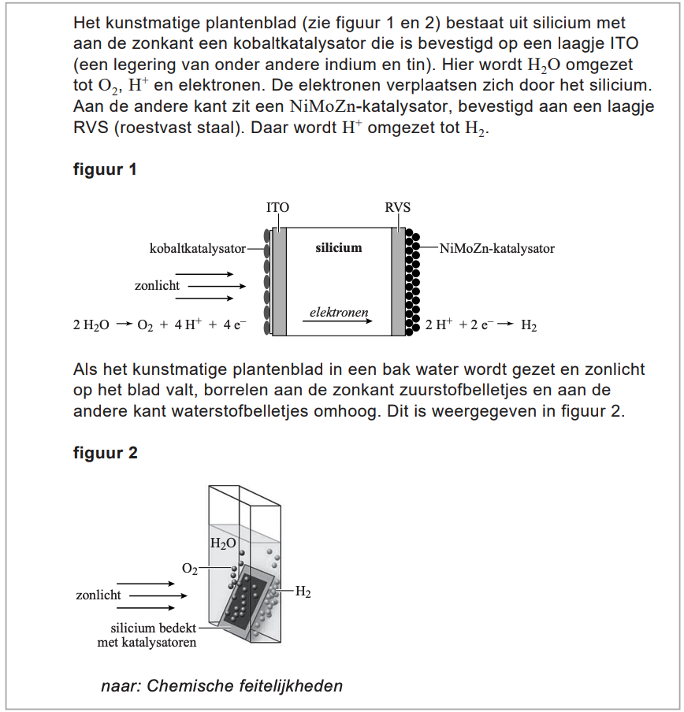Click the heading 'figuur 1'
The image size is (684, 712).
coord(105,169)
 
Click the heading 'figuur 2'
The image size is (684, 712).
coord(106,453)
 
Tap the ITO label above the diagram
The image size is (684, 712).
coord(277,208)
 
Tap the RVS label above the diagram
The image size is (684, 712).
coord(397,208)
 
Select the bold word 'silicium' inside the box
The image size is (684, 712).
coord(338,248)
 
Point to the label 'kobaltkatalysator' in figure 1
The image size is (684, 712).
coord(197,249)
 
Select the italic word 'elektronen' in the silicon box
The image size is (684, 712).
coord(339,312)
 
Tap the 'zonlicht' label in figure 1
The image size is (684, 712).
coord(157,286)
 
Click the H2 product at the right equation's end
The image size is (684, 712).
coord(529,325)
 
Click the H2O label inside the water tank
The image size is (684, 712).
coord(223,543)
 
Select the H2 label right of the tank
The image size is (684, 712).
coord(303,592)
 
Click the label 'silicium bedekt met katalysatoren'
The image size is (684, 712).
coord(153,635)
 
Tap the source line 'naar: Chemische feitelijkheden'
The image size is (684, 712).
coord(221,685)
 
